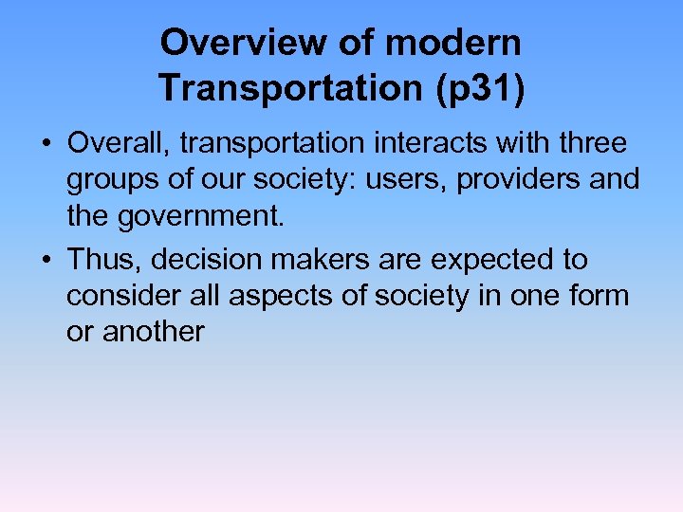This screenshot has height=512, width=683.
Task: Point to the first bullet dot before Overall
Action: pos(46,144)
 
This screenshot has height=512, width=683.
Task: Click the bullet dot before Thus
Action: pos(46,259)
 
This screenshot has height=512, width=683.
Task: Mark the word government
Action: pos(202,217)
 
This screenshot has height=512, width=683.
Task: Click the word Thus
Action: pos(102,259)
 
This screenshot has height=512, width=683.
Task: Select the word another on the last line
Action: pos(153,332)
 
